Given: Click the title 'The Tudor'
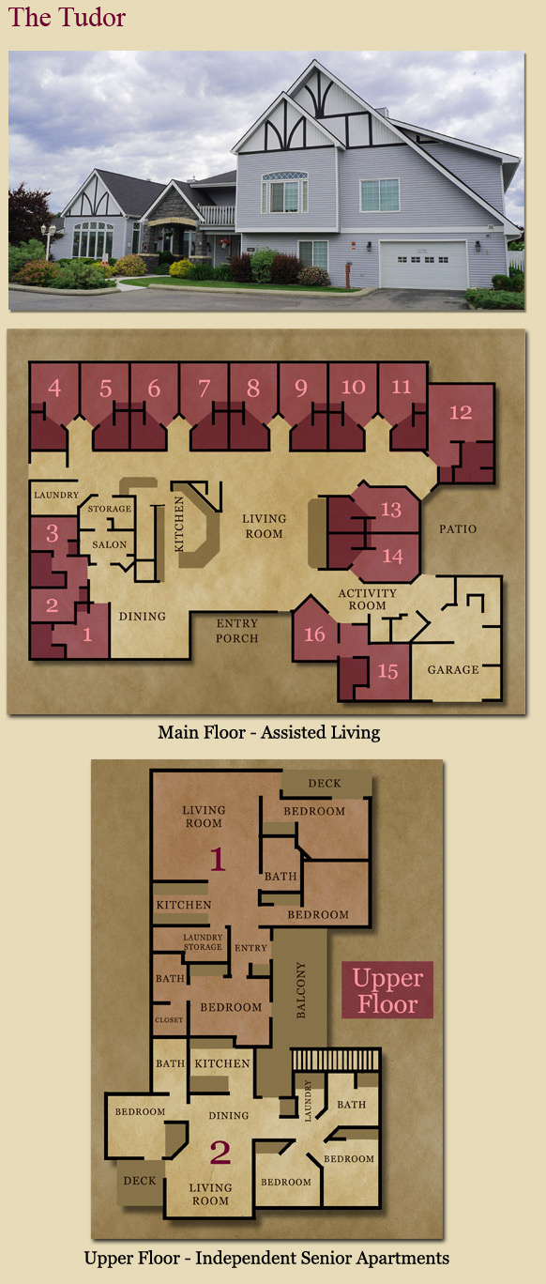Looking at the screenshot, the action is [x=67, y=17].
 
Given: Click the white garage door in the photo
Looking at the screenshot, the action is [x=423, y=265].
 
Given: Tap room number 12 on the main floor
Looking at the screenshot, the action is [x=461, y=412].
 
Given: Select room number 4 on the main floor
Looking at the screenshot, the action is [x=54, y=388].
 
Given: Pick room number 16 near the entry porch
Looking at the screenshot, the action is [x=314, y=634].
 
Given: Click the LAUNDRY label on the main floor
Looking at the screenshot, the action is [x=56, y=495].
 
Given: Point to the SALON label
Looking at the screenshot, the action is [x=110, y=544].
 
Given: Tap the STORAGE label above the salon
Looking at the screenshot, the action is [x=110, y=509].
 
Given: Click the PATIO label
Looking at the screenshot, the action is [x=458, y=529].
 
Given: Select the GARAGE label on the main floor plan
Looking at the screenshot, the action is [x=453, y=669].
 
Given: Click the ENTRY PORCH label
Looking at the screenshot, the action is [x=237, y=631].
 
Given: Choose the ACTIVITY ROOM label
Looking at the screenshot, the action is [x=367, y=599].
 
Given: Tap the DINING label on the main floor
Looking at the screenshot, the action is [x=142, y=617].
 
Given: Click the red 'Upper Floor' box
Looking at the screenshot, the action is [x=387, y=990].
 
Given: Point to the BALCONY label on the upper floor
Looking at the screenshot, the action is [x=301, y=990].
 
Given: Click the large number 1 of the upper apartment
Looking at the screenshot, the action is [x=217, y=859].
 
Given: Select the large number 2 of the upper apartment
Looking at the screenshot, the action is [x=220, y=1153].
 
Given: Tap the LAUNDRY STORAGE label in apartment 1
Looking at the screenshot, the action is [x=203, y=941].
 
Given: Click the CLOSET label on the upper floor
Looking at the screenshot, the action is [x=169, y=1019].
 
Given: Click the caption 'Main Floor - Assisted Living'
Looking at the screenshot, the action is [x=268, y=732].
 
